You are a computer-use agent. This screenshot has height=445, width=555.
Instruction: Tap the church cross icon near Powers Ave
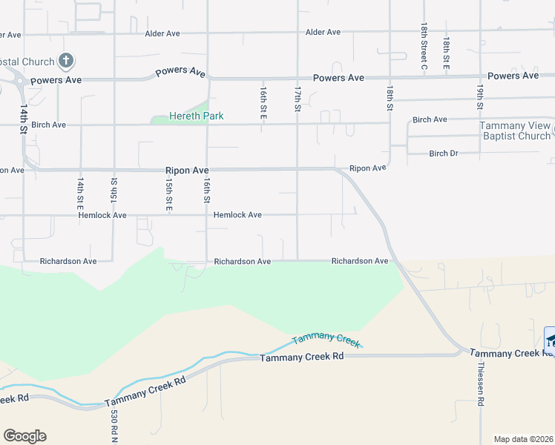point(66,60)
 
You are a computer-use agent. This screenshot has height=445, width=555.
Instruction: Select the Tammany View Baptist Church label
point(515,131)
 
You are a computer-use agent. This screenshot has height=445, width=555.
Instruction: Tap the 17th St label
point(297,99)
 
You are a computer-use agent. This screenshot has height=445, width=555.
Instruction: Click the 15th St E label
point(169,191)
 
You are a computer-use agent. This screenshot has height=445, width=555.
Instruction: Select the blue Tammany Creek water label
point(326,340)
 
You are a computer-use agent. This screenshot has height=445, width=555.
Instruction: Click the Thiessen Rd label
point(481,383)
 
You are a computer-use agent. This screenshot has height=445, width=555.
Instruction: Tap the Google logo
point(24,436)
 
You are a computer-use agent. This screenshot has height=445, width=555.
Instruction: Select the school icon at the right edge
point(551,340)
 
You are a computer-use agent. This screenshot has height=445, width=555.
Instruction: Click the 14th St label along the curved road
point(24,119)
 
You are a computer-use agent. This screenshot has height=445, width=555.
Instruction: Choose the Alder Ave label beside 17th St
point(323,33)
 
